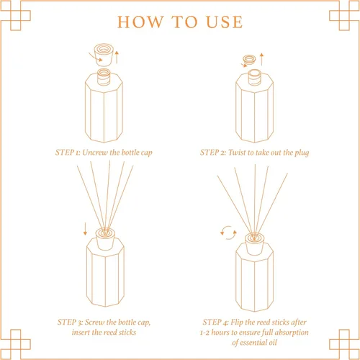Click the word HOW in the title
140,22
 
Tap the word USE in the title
225,22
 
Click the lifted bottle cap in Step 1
104,55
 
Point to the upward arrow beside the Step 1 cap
117,57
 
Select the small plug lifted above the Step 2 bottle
249,60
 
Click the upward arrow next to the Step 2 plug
261,59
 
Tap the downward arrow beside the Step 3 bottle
85,229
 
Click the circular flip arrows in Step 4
228,233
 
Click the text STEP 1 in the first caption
68,153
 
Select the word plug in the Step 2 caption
302,153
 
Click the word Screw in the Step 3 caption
94,322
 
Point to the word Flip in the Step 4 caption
237,323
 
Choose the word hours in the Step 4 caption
220,333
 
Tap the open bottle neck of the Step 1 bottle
104,77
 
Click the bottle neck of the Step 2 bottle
254,77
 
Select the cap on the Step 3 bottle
105,239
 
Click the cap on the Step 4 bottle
254,244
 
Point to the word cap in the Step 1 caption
147,153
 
